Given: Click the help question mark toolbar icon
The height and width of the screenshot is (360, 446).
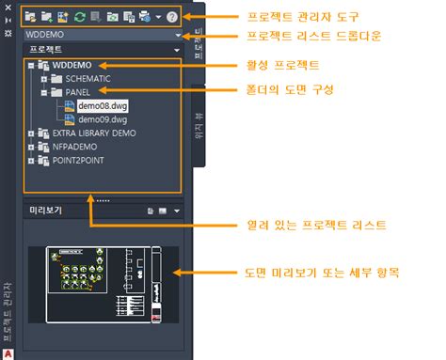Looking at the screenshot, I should coord(171,16).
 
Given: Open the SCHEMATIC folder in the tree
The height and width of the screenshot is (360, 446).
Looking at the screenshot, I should coord(88,80).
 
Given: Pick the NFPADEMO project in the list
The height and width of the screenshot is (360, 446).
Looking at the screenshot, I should coord(78,147).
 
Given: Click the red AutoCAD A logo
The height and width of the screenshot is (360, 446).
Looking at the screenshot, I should coord(8,353).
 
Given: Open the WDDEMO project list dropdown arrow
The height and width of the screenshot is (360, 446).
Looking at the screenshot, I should coord(178,35).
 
